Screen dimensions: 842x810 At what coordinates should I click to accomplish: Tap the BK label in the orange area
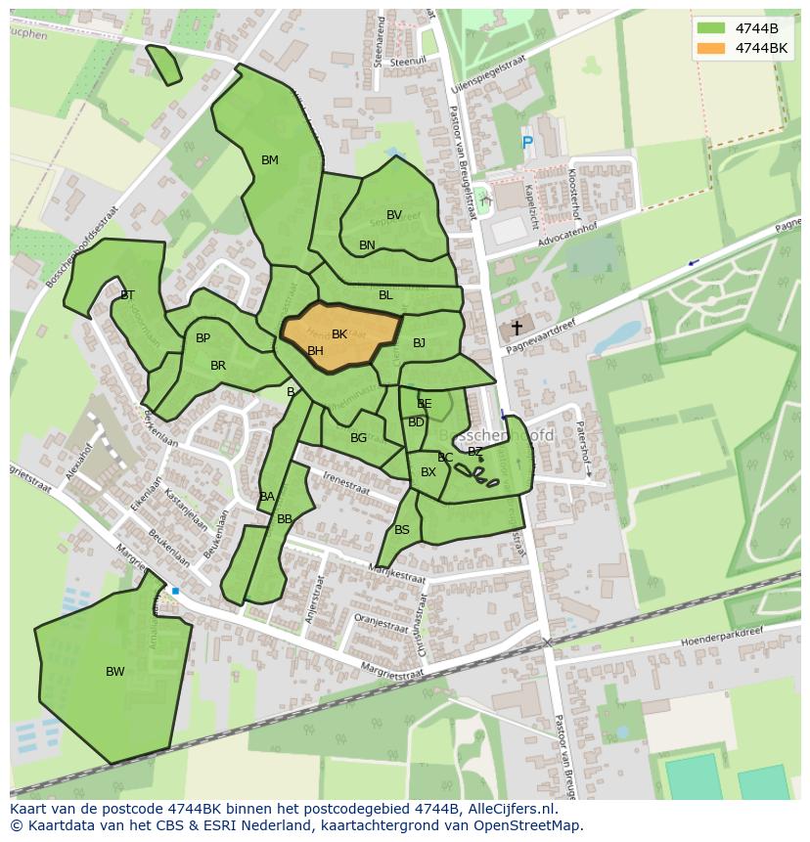tap(339, 334)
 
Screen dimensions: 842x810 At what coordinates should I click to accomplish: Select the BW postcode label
tap(115, 672)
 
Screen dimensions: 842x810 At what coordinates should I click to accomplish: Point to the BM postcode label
tap(270, 160)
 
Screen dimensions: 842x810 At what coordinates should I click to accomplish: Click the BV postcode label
tap(394, 215)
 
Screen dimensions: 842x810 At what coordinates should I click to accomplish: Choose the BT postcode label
tap(127, 295)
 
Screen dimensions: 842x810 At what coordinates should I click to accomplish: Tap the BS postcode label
tap(402, 530)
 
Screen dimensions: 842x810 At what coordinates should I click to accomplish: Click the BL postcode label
tap(385, 295)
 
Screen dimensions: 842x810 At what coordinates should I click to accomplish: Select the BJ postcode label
tap(419, 343)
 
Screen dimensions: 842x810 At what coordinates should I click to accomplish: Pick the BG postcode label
tap(358, 438)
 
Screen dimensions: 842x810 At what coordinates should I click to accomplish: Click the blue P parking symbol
tap(527, 144)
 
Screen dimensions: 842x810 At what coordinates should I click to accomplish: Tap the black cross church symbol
tap(516, 329)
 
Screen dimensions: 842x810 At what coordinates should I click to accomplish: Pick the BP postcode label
tap(202, 338)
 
